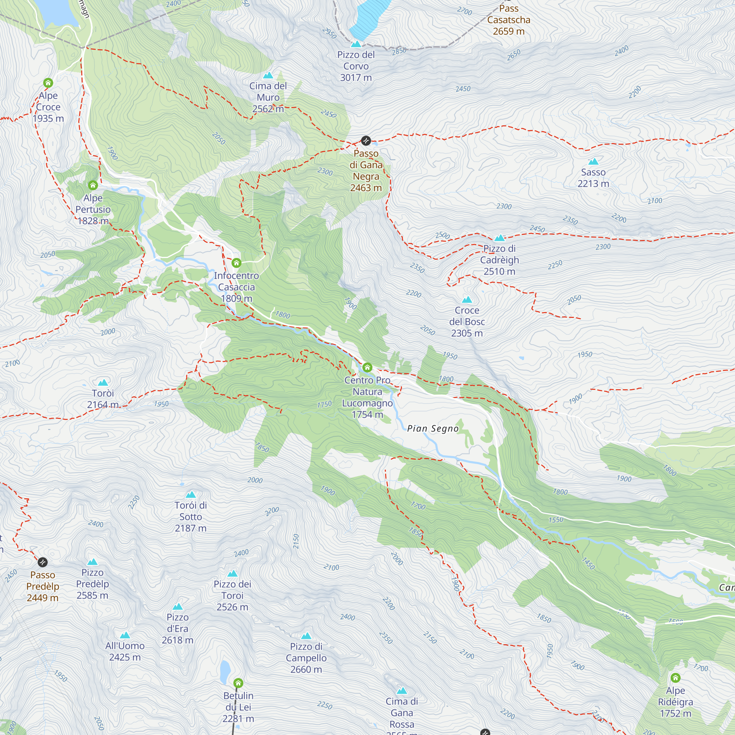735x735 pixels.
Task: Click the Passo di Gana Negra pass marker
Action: [366, 141]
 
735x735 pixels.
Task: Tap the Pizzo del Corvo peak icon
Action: [356, 44]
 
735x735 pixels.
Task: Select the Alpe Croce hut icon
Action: [48, 83]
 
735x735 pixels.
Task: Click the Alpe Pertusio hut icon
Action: [93, 185]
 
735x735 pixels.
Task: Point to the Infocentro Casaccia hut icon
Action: [236, 263]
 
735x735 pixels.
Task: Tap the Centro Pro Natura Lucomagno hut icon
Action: [367, 367]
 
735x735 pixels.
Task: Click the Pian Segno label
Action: [433, 429]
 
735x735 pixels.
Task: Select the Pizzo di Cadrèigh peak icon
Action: [499, 238]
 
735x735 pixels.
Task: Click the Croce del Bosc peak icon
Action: [467, 300]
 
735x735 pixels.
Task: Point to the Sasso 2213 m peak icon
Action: [593, 162]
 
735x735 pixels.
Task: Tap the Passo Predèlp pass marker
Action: [43, 562]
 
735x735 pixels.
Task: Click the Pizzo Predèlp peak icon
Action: [93, 562]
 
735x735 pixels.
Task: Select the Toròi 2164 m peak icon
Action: [103, 383]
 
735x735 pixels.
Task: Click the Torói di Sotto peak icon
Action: [191, 495]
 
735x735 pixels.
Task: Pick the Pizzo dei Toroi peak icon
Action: [233, 574]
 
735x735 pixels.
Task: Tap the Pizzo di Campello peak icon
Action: [306, 636]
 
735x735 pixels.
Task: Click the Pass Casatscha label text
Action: [509, 20]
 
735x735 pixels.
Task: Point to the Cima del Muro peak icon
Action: [268, 75]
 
